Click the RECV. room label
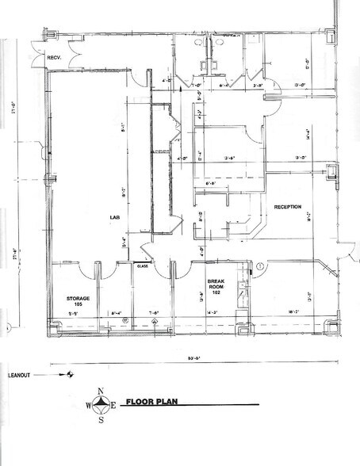point(55,58)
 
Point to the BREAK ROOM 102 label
point(217,286)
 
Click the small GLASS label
point(144,266)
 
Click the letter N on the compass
point(100,390)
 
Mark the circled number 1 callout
point(259,267)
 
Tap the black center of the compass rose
point(100,404)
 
